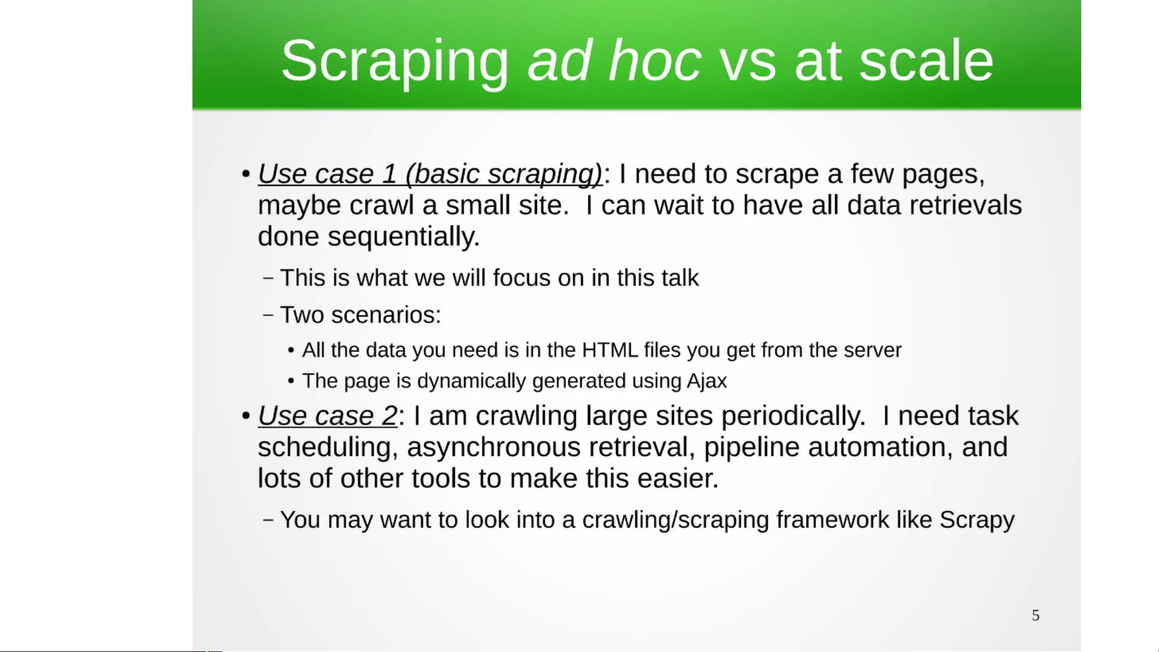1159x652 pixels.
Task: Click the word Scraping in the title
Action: pyautogui.click(x=395, y=62)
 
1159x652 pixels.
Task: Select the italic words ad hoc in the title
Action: pyautogui.click(x=614, y=60)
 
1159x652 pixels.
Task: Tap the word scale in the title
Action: pyautogui.click(x=926, y=60)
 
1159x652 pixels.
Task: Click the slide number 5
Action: pyautogui.click(x=1035, y=615)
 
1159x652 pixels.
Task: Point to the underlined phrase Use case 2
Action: pyautogui.click(x=328, y=416)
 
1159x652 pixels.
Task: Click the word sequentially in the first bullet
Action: pyautogui.click(x=404, y=237)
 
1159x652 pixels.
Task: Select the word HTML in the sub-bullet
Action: pyautogui.click(x=610, y=350)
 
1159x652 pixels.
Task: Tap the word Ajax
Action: pyautogui.click(x=707, y=381)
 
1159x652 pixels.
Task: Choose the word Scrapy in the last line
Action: pyautogui.click(x=977, y=521)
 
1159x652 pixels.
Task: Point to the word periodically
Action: pyautogui.click(x=793, y=416)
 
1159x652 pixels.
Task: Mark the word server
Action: pyautogui.click(x=872, y=350)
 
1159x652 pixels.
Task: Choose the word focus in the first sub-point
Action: pyautogui.click(x=522, y=278)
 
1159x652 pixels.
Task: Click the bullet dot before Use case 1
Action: pyautogui.click(x=246, y=174)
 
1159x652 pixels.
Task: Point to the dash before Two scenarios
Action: pyautogui.click(x=269, y=315)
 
